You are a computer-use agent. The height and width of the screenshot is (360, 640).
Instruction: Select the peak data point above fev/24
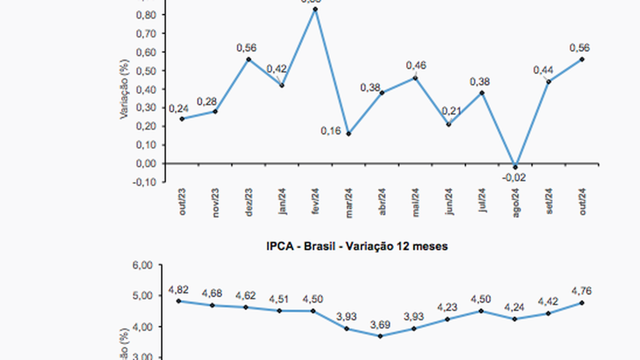coord(315,9)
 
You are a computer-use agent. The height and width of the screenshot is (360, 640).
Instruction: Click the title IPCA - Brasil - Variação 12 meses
coord(357,246)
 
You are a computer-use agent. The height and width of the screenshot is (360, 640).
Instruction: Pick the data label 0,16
coord(330,131)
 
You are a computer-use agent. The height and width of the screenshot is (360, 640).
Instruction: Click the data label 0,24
coord(178,108)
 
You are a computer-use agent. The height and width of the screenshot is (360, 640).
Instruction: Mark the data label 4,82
coord(178,290)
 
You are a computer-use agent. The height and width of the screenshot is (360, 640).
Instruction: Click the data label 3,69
coord(380,325)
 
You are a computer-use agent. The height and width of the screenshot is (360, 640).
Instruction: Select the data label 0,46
coord(416,65)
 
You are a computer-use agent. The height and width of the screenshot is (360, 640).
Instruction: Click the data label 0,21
coord(451,111)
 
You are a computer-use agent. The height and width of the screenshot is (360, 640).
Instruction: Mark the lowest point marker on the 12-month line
coord(380,336)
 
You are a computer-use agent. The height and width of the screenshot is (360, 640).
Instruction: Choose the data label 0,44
coord(543,70)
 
